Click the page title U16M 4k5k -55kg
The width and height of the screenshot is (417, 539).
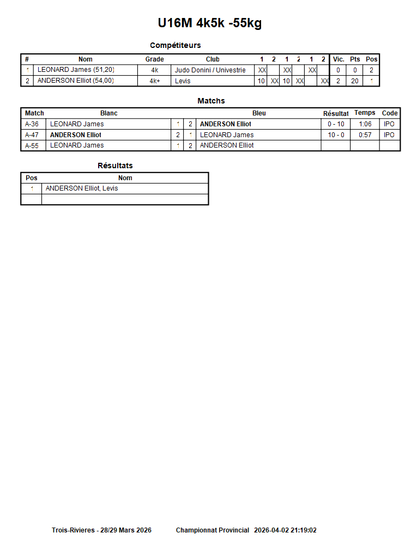point(210,23)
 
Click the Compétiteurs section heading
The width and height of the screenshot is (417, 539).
point(176,45)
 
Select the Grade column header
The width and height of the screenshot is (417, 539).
point(154,59)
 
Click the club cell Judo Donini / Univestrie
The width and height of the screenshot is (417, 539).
point(210,70)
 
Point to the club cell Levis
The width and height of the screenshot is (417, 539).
point(183,81)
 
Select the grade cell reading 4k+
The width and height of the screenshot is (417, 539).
point(155,81)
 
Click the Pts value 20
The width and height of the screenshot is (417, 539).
point(355,81)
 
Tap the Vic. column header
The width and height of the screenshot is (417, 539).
point(339,59)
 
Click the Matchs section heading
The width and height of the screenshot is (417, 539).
point(211,101)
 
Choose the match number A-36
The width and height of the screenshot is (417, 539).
point(32,124)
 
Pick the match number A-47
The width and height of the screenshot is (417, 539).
point(32,135)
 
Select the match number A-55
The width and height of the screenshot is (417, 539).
point(32,145)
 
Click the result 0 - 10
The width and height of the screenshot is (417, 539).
point(336,124)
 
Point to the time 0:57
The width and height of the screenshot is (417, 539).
point(365,135)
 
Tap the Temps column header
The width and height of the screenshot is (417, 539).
point(365,113)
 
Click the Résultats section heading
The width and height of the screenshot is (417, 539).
point(115,166)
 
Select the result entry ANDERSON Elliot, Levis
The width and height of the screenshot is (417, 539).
point(82,188)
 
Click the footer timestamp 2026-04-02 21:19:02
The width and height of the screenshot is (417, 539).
point(285,530)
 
